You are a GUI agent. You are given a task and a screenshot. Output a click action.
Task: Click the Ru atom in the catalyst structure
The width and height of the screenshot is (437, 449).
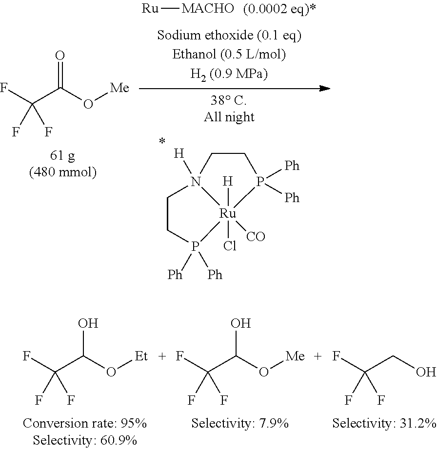click(227, 213)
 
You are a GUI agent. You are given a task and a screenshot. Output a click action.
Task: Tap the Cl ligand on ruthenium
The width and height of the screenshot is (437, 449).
click(230, 246)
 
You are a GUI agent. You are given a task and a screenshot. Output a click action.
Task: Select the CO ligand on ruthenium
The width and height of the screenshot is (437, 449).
click(256, 237)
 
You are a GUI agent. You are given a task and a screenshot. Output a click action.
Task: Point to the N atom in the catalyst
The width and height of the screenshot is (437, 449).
click(196, 182)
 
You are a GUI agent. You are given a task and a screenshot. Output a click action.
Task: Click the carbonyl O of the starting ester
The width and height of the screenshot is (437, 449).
click(60, 56)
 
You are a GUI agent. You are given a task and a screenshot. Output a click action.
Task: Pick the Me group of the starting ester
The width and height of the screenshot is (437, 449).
click(119, 88)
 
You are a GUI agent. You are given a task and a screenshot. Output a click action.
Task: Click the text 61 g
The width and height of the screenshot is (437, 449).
click(62, 155)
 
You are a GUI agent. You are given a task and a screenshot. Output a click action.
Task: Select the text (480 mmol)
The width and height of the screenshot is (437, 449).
click(63, 172)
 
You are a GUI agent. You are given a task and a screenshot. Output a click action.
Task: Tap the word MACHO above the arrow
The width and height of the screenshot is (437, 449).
click(208, 9)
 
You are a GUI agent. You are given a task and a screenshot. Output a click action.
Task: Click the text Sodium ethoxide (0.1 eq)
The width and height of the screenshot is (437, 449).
click(229, 35)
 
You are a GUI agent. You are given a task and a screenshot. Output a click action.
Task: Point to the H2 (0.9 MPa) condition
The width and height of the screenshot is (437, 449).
click(229, 75)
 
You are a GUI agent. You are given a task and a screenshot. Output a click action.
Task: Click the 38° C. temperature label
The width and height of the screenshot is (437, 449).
click(229, 100)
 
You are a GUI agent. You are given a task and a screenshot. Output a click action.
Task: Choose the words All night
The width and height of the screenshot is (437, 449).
click(229, 117)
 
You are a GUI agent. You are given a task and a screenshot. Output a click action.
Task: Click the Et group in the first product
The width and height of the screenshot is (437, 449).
click(141, 356)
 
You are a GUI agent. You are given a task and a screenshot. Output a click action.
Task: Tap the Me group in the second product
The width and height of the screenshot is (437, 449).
click(295, 356)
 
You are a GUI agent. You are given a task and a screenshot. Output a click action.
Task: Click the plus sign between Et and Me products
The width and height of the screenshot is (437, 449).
click(162, 356)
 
